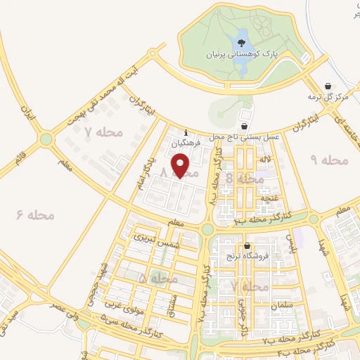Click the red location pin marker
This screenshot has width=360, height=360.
click(181, 166)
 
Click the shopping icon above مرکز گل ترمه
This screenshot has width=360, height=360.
click(329, 86)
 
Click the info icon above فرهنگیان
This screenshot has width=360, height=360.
click(186, 132)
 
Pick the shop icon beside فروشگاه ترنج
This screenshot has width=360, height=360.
click(247, 245)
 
